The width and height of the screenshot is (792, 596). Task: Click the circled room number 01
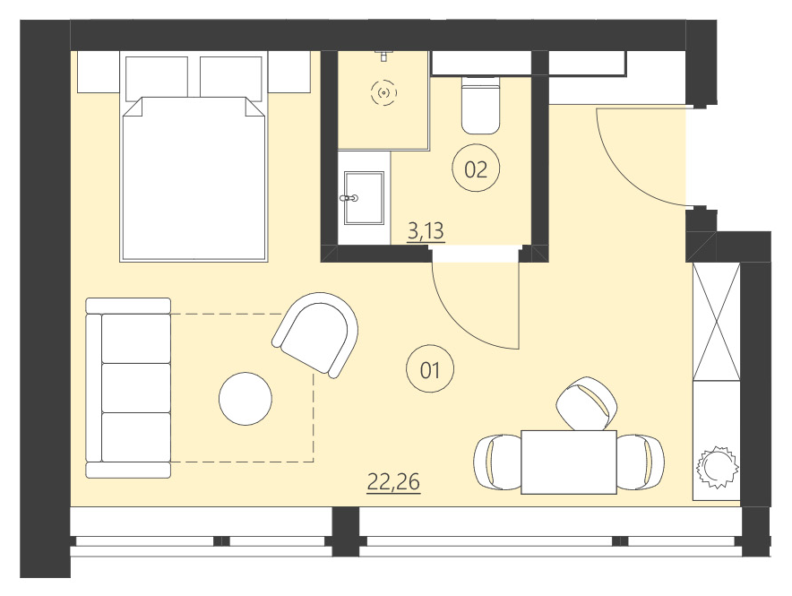click(430, 368)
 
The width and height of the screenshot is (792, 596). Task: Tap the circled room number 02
click(476, 168)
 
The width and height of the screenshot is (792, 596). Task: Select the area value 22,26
click(393, 482)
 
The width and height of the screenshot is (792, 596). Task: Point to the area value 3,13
click(426, 232)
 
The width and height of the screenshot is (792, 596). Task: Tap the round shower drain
click(384, 92)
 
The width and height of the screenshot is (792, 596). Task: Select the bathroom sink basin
click(364, 197)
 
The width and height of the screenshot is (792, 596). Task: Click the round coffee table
click(245, 399)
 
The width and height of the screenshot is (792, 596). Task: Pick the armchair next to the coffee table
click(316, 333)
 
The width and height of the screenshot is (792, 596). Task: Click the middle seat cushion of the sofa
click(136, 387)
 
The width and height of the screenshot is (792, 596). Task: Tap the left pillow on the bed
click(157, 78)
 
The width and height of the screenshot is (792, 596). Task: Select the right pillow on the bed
click(230, 78)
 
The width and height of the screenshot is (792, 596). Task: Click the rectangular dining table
click(569, 462)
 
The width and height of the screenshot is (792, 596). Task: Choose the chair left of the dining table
click(496, 462)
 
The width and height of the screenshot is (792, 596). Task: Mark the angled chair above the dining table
click(586, 403)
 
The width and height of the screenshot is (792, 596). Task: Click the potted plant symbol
click(718, 467)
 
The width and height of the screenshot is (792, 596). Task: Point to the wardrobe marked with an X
click(717, 321)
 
